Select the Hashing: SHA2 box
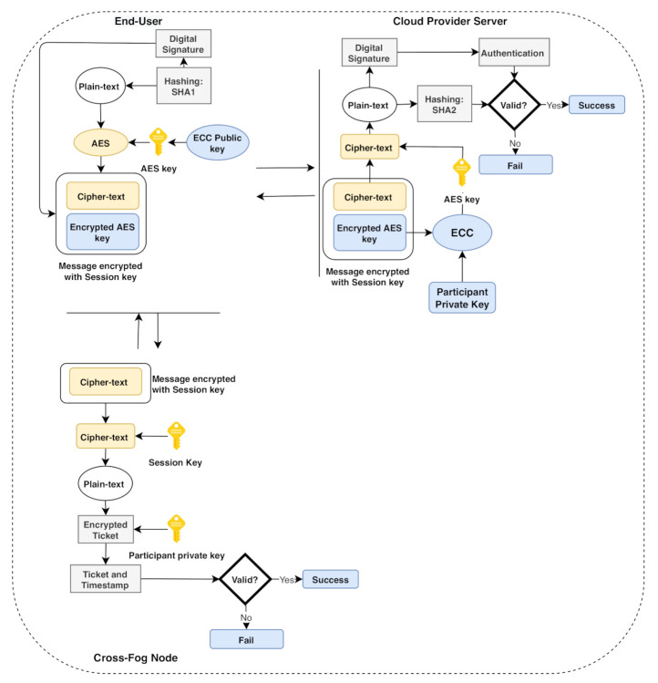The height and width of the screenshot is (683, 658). tap(441, 105)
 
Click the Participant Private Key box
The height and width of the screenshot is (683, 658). tap(462, 297)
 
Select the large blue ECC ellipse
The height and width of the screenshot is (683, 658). tap(462, 233)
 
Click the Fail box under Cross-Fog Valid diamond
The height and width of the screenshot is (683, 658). tap(246, 638)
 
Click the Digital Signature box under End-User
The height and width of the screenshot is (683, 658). tap(184, 44)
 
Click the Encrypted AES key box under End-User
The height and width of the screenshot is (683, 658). tap(103, 232)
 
